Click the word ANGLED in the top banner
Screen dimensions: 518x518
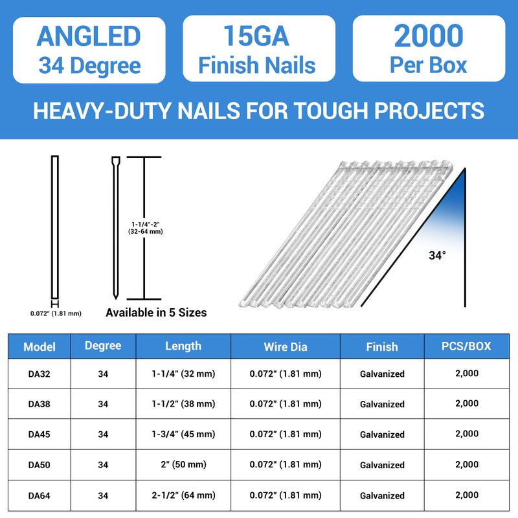coord(89,37)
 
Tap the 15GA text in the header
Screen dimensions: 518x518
coord(256,37)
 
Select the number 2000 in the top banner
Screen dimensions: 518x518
coord(429,37)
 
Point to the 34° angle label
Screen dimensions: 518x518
coord(437,255)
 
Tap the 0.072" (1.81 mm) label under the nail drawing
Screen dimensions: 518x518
coord(56,313)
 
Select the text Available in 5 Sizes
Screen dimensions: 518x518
coord(156,313)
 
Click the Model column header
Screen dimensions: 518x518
coord(39,346)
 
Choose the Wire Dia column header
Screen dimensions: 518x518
coord(285,346)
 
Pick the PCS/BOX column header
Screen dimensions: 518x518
coord(467,346)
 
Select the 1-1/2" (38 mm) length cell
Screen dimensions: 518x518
coord(183,404)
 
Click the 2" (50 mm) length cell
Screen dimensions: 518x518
coord(183,465)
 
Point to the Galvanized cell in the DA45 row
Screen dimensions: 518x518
coord(382,434)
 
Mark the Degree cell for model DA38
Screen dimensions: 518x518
coord(103,404)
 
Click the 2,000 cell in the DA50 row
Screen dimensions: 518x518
coord(467,464)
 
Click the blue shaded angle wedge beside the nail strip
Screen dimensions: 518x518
coord(456,207)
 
